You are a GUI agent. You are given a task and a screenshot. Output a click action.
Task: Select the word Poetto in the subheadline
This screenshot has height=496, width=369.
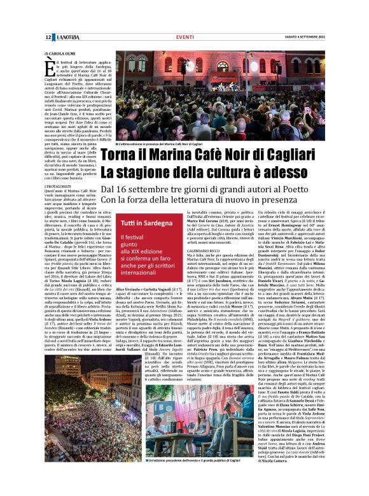tap(321, 190)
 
